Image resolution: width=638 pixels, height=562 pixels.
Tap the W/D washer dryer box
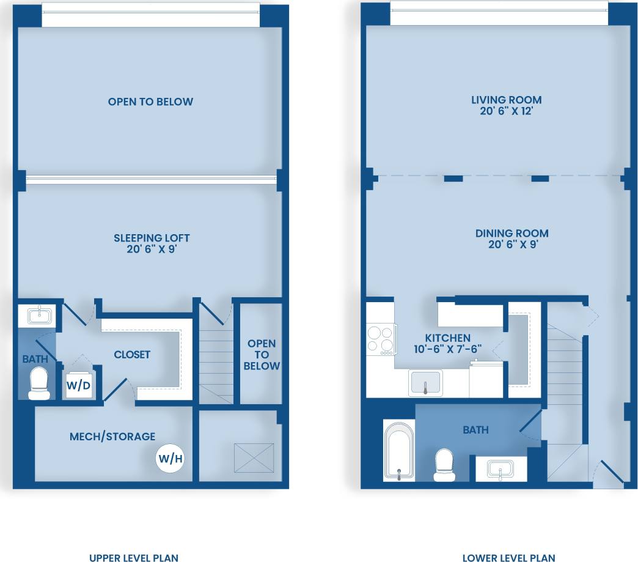click(79, 385)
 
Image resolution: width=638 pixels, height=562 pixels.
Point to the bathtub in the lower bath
click(398, 450)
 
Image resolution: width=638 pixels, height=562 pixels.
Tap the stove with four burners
click(380, 340)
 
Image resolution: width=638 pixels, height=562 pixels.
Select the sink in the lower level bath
click(500, 470)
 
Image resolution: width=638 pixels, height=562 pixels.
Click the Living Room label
click(506, 105)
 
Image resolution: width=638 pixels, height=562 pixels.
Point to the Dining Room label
click(512, 238)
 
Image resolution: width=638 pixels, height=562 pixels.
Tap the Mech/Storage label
click(112, 437)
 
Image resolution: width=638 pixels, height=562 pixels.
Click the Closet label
click(132, 355)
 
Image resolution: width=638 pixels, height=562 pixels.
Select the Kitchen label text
click(449, 343)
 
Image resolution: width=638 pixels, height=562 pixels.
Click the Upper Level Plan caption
click(134, 558)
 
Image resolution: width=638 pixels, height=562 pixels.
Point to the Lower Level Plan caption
click(508, 558)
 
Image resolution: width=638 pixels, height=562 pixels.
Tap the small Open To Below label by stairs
click(262, 355)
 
